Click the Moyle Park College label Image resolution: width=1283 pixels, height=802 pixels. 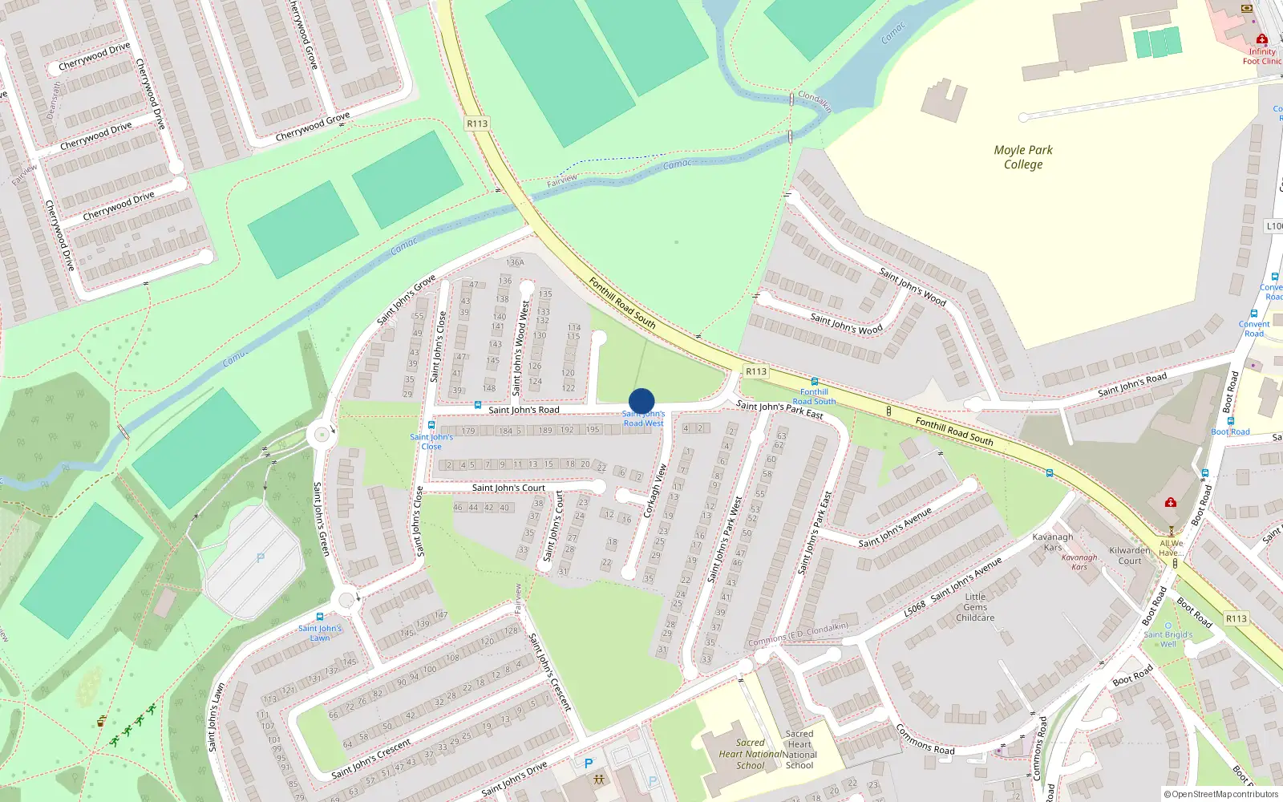point(1023,157)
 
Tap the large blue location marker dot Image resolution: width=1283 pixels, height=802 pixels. point(641,401)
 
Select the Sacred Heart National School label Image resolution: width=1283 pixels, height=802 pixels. point(750,754)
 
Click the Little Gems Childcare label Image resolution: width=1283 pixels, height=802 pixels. point(975,607)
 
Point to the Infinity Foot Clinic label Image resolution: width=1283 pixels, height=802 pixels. point(1262,56)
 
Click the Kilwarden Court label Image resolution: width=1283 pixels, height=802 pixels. point(1130,556)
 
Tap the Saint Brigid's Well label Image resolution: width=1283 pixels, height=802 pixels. point(1168,639)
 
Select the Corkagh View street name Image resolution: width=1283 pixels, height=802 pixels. point(655,491)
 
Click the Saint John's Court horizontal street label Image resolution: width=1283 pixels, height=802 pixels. point(508,488)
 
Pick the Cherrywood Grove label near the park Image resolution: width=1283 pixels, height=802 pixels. point(313,127)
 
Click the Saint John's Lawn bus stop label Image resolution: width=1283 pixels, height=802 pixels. point(320,633)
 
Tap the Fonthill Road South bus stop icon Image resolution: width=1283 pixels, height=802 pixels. point(815,382)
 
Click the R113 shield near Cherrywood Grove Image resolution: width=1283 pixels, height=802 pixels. point(477,124)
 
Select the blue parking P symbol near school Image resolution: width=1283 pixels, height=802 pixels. point(589,764)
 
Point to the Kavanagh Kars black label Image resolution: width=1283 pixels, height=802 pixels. point(1053,542)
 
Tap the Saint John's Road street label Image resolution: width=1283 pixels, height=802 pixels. point(524,410)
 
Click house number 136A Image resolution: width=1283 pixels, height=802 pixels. point(515,262)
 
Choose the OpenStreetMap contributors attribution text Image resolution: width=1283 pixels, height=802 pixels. point(1221,794)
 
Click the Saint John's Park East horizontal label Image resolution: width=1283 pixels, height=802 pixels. point(779,410)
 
